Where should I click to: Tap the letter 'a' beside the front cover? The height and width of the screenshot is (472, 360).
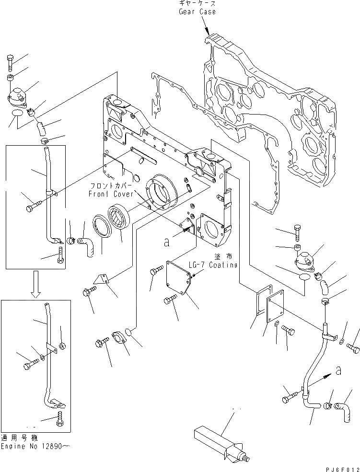(x=166, y=242)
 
